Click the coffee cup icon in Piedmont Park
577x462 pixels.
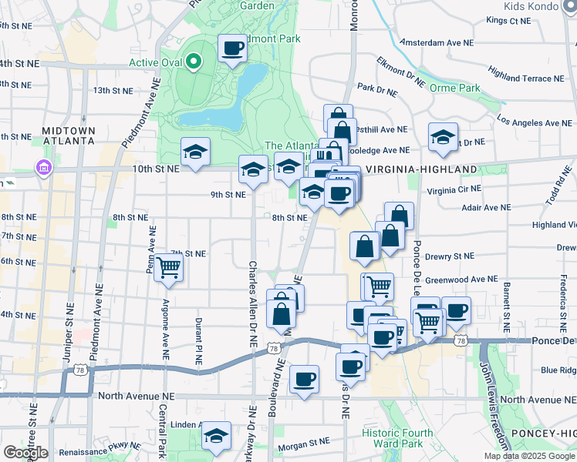(x=232, y=49)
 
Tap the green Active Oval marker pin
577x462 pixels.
(x=194, y=60)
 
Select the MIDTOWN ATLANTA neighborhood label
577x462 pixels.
(x=69, y=136)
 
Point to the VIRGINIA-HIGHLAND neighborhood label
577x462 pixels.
(x=421, y=169)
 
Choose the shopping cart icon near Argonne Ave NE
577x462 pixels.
(x=167, y=269)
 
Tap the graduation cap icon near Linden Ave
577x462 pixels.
(x=217, y=437)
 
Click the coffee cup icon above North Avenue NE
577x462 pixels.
(x=305, y=380)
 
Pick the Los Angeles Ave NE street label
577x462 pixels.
(x=535, y=121)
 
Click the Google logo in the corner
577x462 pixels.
(x=25, y=453)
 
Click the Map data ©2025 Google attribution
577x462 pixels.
(x=528, y=456)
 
